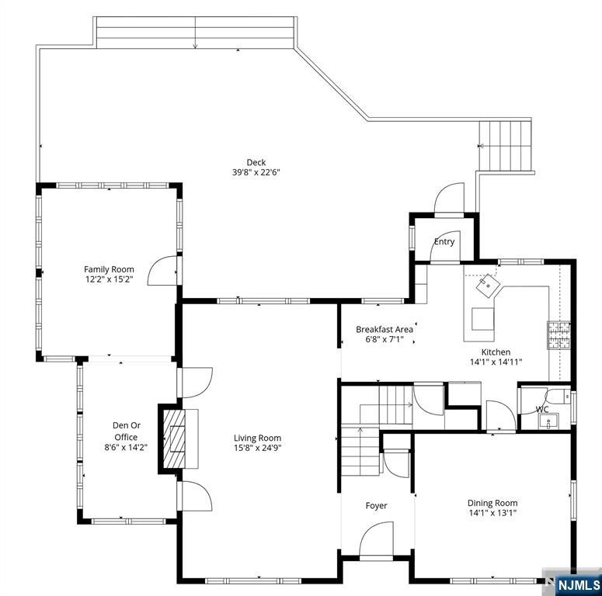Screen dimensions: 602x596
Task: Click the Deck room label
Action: (x=256, y=162)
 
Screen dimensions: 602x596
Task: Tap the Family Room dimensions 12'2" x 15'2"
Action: (x=109, y=279)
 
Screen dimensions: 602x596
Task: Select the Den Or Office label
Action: (x=127, y=431)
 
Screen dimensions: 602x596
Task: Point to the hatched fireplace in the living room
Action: (x=174, y=438)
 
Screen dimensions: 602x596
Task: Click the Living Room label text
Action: (x=257, y=438)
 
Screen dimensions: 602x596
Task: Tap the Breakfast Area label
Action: (x=385, y=329)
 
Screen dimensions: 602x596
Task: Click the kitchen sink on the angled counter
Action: (x=488, y=286)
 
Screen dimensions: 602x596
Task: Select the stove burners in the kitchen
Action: (x=559, y=334)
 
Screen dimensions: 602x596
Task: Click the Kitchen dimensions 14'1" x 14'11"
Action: (x=496, y=362)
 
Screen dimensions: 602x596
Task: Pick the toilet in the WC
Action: (x=559, y=396)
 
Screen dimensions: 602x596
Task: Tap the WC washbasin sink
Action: (x=549, y=422)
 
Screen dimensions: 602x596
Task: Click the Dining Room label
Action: (x=492, y=503)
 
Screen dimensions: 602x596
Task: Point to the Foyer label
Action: (x=376, y=505)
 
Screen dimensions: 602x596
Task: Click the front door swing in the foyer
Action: (x=376, y=539)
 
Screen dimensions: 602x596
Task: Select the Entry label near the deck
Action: (x=444, y=241)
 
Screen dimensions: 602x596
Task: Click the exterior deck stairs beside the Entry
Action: (x=505, y=146)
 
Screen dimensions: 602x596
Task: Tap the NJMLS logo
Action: (x=573, y=584)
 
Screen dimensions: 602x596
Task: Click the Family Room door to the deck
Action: (x=162, y=270)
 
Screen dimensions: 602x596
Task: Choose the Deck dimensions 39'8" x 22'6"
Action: (x=256, y=172)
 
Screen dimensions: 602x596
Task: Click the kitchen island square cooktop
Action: (x=482, y=318)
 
